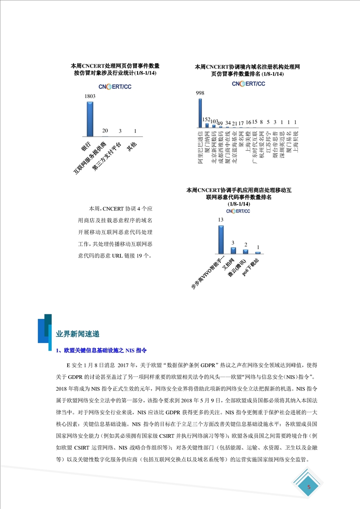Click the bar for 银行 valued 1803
pyautogui.click(x=90, y=118)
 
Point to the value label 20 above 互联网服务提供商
pyautogui.click(x=105, y=131)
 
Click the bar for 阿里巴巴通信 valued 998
pyautogui.click(x=200, y=113)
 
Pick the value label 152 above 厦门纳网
pyautogui.click(x=207, y=119)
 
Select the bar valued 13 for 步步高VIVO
pyautogui.click(x=221, y=239)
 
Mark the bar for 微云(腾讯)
pyautogui.click(x=246, y=251)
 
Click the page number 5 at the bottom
pyautogui.click(x=309, y=488)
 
